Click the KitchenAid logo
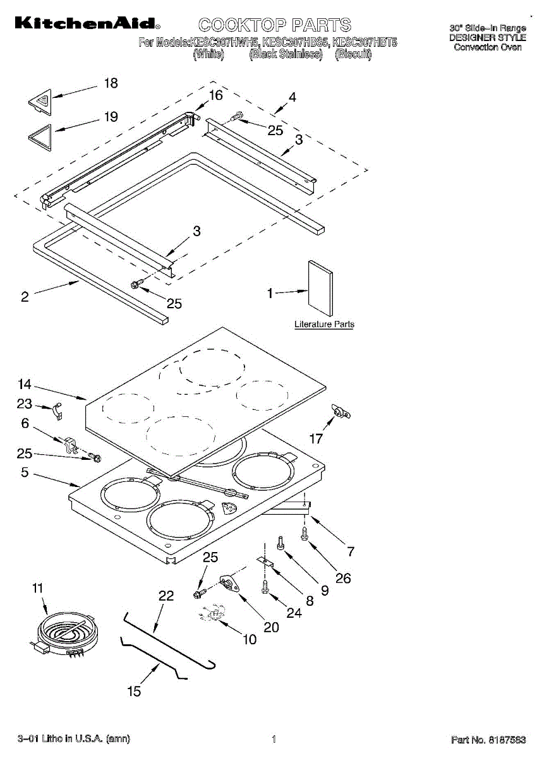click(87, 25)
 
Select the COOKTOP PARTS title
click(274, 25)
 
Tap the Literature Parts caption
click(324, 325)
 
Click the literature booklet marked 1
click(320, 288)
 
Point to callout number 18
click(111, 83)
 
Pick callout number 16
click(216, 95)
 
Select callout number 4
click(292, 97)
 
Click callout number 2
click(25, 297)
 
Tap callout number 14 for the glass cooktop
click(25, 384)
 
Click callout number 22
click(166, 596)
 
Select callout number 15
click(134, 692)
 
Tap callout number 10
click(250, 639)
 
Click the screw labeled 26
click(305, 535)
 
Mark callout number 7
click(350, 551)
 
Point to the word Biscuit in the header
click(353, 55)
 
